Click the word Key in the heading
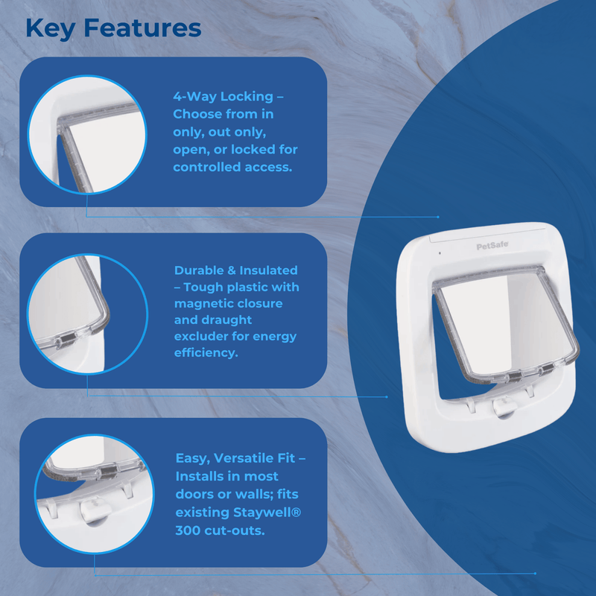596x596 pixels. tap(51, 28)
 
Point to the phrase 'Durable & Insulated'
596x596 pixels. tap(235, 270)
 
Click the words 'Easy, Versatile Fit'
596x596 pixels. tap(235, 460)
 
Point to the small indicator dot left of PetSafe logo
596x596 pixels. tap(440, 253)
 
